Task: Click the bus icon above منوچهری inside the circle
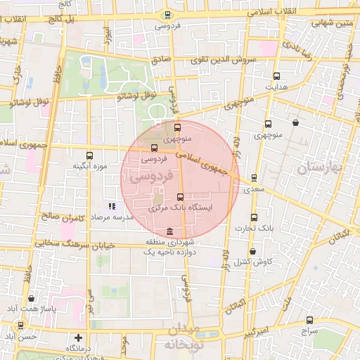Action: pos(177,128)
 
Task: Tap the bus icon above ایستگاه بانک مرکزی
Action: pos(181,197)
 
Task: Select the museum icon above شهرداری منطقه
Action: pos(169,232)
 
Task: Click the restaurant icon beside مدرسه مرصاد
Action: pos(111,207)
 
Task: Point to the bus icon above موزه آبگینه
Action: pos(89,155)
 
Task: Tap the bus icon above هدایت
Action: pos(276,76)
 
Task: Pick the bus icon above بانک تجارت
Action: pos(254,217)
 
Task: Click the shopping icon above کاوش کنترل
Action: pos(252,251)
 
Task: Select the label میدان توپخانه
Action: pos(184,337)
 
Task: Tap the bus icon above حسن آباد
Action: pos(21,326)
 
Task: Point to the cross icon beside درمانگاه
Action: pos(79,338)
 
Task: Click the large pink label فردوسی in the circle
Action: pos(140,179)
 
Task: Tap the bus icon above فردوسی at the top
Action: pos(167,14)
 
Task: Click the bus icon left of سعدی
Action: pos(254,178)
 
